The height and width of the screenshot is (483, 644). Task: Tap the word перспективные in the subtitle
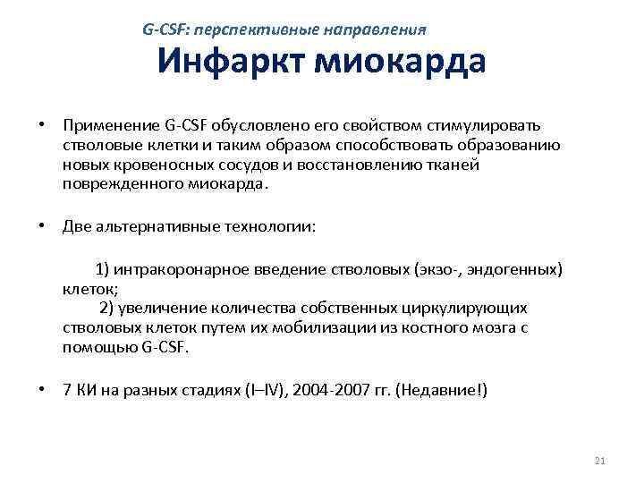[x=256, y=30]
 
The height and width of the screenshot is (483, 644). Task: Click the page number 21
[x=600, y=461]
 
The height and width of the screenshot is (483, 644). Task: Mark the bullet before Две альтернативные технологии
[x=42, y=226]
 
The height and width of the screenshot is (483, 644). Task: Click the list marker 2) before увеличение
[x=106, y=309]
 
